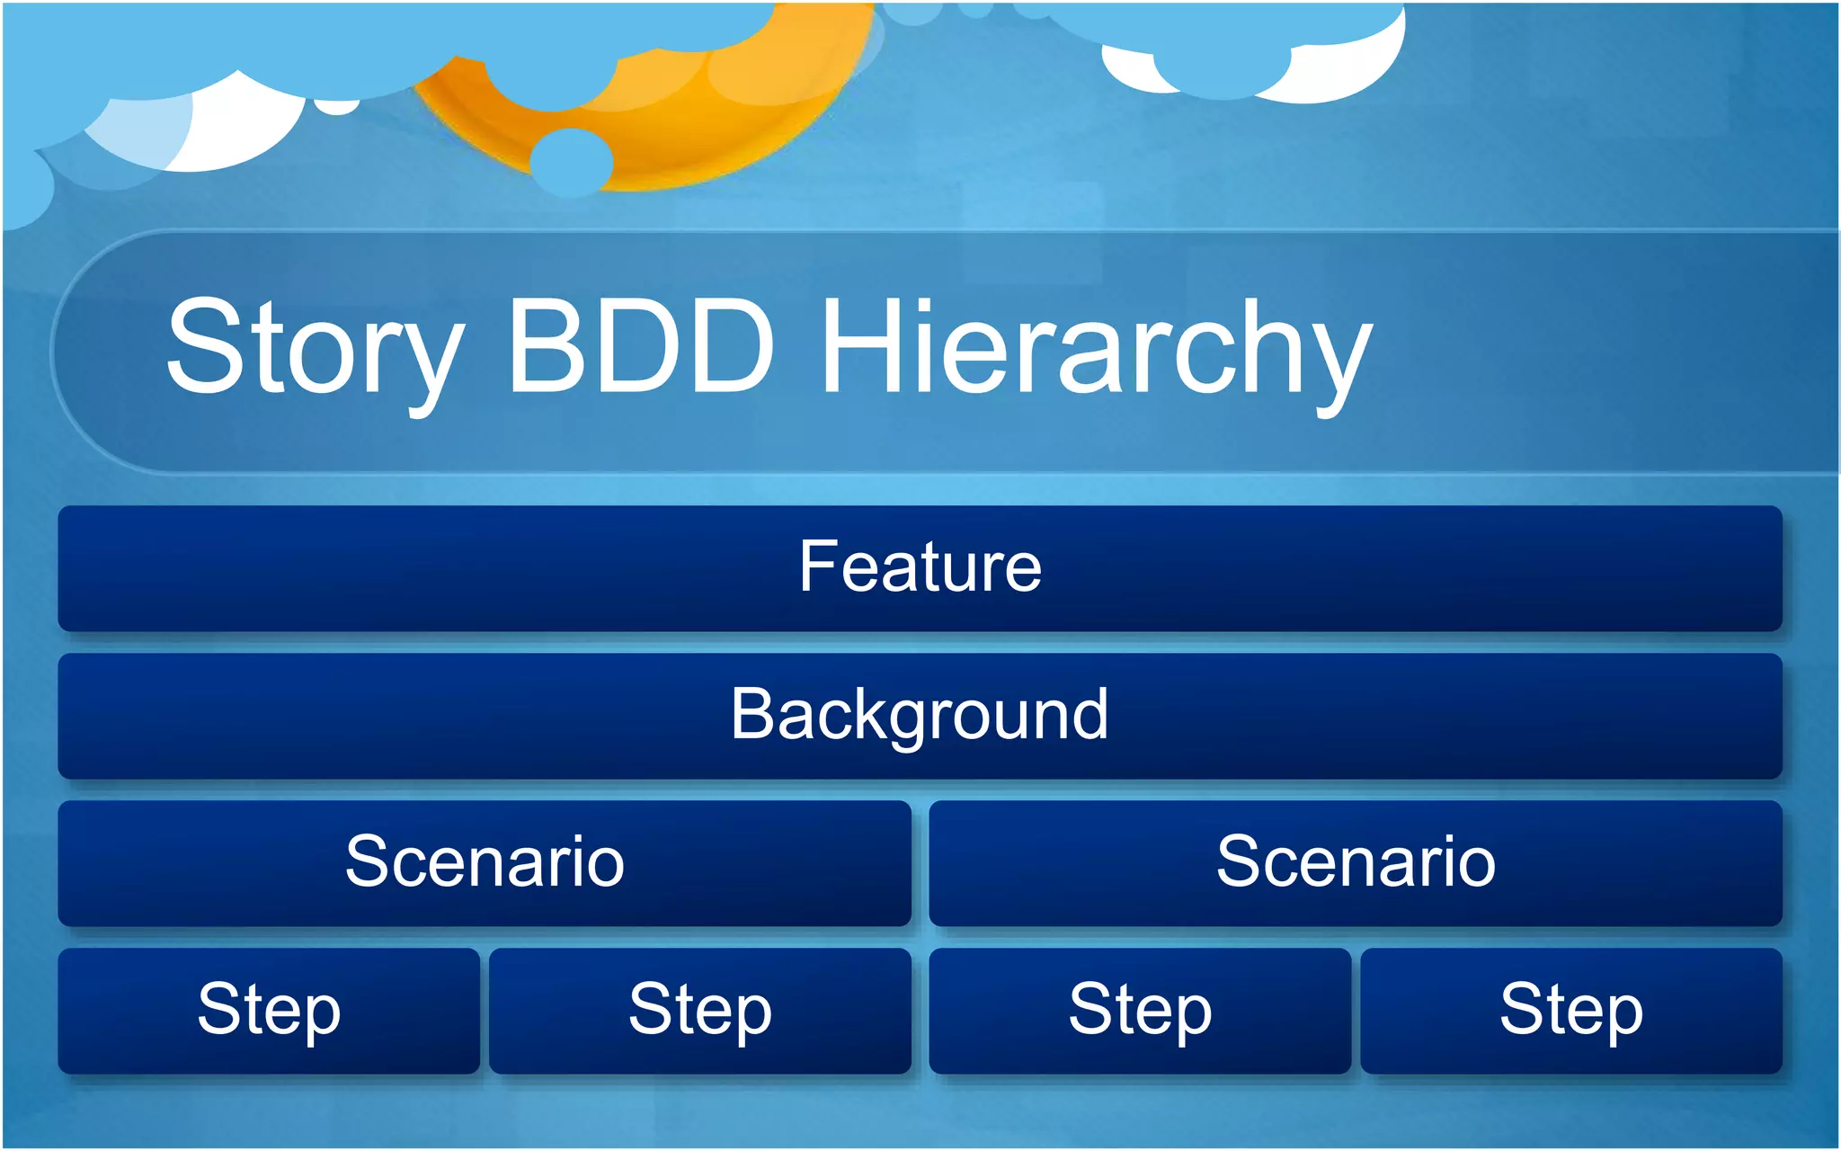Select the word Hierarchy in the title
point(1097,351)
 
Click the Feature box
point(920,568)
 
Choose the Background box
point(920,716)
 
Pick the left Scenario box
point(485,863)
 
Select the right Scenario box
point(1356,863)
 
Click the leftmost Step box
point(269,1011)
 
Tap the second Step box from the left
point(700,1011)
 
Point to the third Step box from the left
point(1140,1011)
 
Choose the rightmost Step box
point(1571,1011)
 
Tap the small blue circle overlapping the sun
point(571,163)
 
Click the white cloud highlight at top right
point(1348,72)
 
